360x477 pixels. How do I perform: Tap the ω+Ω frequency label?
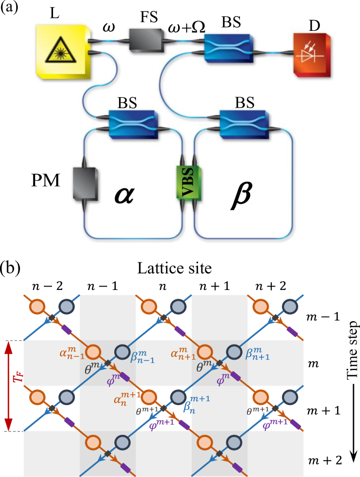(186, 25)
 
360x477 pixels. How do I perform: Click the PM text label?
(45, 180)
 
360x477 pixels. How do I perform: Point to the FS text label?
(149, 16)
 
